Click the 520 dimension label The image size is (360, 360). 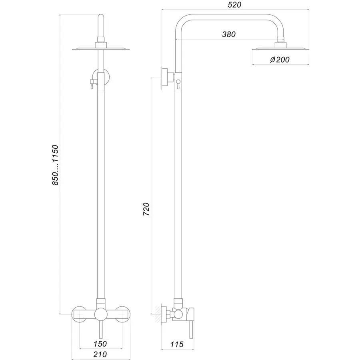tap(234, 5)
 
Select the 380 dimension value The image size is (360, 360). tap(229, 34)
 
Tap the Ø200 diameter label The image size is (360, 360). tap(280, 60)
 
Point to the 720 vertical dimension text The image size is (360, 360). tap(146, 209)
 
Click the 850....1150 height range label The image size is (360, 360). tap(55, 164)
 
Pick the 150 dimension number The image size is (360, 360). tap(100, 344)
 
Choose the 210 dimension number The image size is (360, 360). tap(100, 354)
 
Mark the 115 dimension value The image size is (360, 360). tap(176, 344)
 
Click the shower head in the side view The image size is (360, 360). tap(281, 49)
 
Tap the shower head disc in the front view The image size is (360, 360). tap(101, 49)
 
